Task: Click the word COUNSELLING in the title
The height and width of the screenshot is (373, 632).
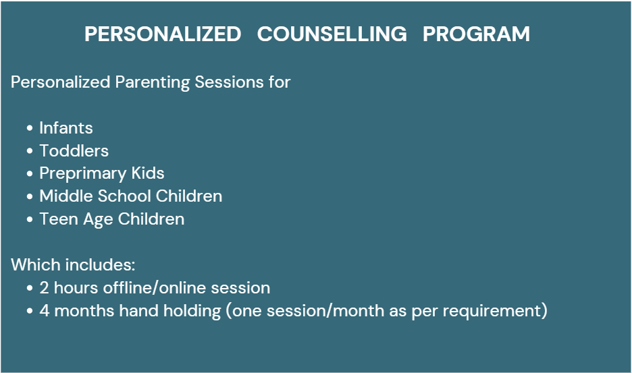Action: [x=332, y=34]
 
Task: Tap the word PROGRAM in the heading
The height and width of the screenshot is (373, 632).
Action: [x=476, y=34]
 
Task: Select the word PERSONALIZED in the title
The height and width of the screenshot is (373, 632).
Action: [x=163, y=34]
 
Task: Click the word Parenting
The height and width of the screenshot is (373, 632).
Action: [x=153, y=82]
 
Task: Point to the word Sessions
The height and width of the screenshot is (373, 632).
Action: [x=230, y=82]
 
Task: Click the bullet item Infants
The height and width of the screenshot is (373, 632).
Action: [x=66, y=128]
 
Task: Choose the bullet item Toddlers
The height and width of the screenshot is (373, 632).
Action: [x=74, y=151]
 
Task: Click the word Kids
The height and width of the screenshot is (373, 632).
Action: [x=148, y=173]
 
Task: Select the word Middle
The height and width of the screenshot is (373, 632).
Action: [x=66, y=196]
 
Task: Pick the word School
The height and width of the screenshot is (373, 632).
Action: [x=124, y=196]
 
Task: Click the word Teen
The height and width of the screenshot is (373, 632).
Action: [x=59, y=219]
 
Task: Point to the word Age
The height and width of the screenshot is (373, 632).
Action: [x=98, y=220]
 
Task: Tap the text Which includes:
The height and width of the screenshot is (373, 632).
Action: [x=73, y=265]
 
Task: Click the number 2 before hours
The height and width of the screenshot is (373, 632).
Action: [x=44, y=288]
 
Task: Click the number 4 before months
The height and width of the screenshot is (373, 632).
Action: [x=45, y=311]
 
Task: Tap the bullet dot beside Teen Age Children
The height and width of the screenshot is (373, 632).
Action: [x=30, y=219]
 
